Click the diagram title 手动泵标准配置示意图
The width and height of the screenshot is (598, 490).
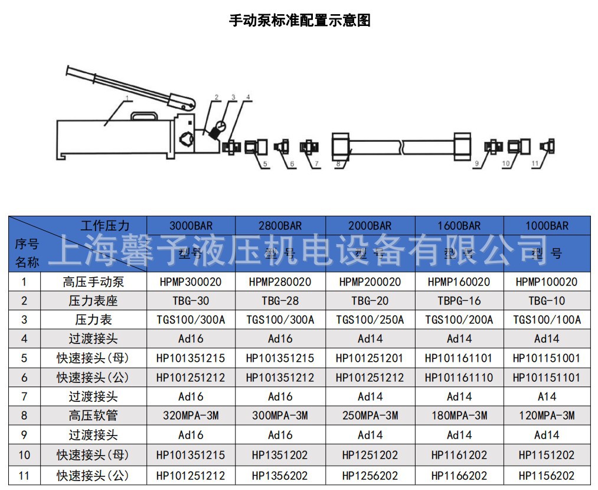coord(299,21)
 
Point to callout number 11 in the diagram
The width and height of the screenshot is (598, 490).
coord(535,164)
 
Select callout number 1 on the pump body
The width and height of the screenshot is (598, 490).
coord(126,97)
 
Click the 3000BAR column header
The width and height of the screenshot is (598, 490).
coord(191,226)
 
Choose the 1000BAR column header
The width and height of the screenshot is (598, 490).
coord(547,226)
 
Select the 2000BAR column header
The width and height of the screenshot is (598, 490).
coord(370,226)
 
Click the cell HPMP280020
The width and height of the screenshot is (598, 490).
coord(280,282)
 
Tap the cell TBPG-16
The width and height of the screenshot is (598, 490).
coord(459,301)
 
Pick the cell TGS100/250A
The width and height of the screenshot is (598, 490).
coord(370,320)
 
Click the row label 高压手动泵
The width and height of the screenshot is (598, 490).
coord(93,282)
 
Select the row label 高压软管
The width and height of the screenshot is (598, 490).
coord(93,416)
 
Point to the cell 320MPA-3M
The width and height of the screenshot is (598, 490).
coord(191,416)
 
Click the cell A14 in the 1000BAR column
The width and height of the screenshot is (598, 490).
coord(547,397)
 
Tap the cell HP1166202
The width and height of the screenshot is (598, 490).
coord(459,475)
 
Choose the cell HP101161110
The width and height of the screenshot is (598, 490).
coord(459,377)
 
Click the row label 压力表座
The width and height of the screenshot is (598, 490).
coord(93,301)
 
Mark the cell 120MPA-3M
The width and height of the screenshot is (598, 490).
coord(547,416)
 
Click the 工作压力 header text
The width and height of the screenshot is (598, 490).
coord(104,225)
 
